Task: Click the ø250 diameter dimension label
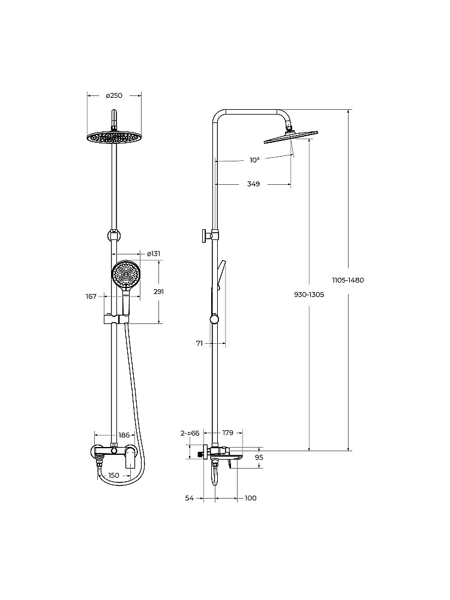[114, 95]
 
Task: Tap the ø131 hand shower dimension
[154, 253]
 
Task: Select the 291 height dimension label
[158, 292]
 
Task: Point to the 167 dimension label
[91, 296]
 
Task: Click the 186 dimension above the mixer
[124, 434]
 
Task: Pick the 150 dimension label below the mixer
[113, 475]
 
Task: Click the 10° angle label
[254, 160]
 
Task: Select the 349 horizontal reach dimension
[253, 184]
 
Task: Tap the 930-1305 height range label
[309, 295]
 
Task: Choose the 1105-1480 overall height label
[348, 280]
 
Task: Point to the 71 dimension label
[199, 344]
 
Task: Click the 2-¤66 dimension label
[190, 433]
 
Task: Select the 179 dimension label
[227, 433]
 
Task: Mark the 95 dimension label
[259, 457]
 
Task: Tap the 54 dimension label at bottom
[189, 498]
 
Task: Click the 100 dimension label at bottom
[250, 498]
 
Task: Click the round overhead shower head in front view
[114, 138]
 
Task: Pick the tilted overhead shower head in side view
[291, 137]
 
